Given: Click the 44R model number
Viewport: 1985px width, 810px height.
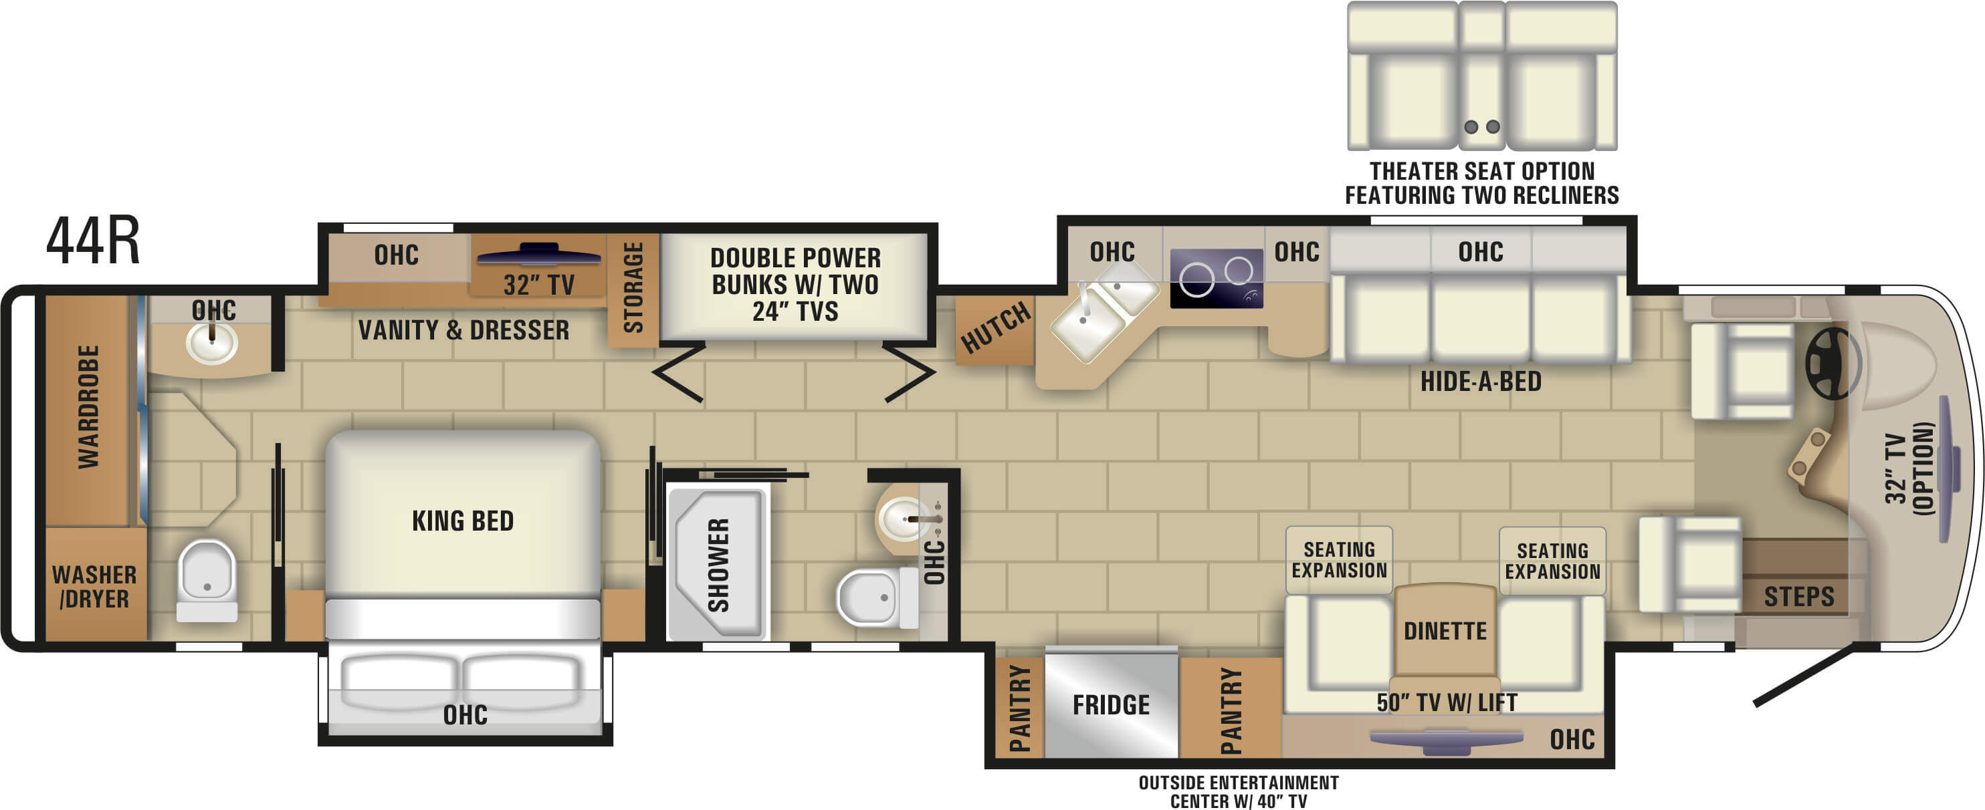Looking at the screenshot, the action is click(x=93, y=241).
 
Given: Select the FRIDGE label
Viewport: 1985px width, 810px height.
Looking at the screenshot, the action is click(x=1110, y=704).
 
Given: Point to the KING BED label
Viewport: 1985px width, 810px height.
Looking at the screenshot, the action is click(x=462, y=521).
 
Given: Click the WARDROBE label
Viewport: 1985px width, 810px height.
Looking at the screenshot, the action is click(x=88, y=406).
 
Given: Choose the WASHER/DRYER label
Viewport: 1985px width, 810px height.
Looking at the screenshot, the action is click(x=94, y=587).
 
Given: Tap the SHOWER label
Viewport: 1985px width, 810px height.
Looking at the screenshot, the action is click(x=718, y=566).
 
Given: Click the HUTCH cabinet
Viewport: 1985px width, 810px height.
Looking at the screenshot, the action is click(x=996, y=329).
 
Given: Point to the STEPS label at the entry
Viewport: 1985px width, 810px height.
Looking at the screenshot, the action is click(x=1799, y=597).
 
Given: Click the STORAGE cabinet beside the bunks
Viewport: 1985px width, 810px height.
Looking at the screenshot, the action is click(x=633, y=289).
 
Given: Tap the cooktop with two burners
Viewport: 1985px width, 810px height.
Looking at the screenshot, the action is click(x=1216, y=279).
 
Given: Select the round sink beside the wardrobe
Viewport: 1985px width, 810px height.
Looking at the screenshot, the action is click(x=212, y=343).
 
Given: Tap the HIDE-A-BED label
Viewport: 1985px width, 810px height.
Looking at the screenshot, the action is click(x=1480, y=381).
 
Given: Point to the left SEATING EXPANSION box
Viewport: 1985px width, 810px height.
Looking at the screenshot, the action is click(x=1338, y=561).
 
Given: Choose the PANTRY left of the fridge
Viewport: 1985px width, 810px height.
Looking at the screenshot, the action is click(x=1019, y=708).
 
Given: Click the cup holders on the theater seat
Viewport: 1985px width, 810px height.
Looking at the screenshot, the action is click(x=1482, y=127).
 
